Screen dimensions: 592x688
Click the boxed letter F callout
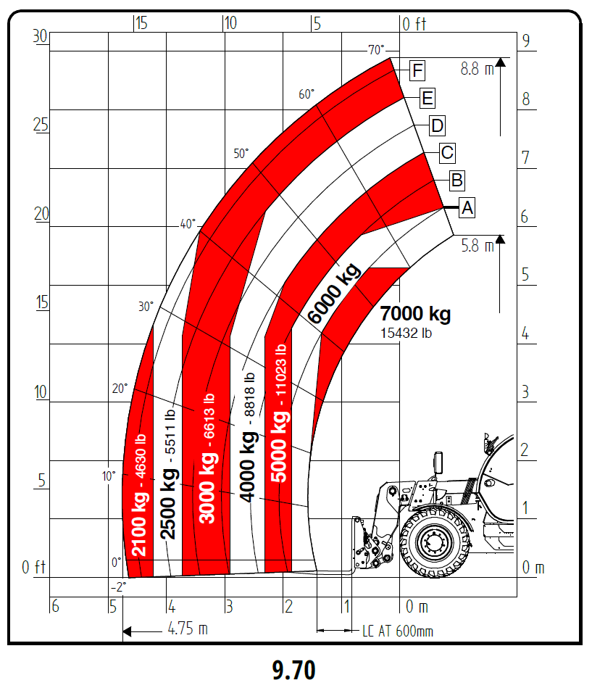tap(417, 70)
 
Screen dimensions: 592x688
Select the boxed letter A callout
tap(467, 207)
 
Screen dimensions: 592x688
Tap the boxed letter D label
tap(437, 126)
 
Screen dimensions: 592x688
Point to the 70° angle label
tap(377, 49)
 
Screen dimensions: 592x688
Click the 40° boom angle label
tap(188, 224)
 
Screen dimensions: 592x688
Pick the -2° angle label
tap(118, 587)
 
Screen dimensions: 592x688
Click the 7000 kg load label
tap(415, 314)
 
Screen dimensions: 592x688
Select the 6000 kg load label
tap(334, 293)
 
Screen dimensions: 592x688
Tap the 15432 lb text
tap(406, 333)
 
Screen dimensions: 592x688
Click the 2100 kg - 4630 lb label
tap(139, 495)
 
